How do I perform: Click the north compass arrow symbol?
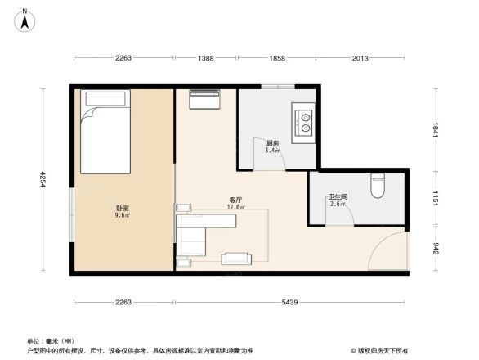point(25,19)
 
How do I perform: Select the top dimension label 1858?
point(277,58)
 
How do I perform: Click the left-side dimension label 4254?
point(45,178)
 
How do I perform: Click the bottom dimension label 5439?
point(291,304)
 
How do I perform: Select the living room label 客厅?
point(236,200)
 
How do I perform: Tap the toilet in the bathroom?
point(377,186)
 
